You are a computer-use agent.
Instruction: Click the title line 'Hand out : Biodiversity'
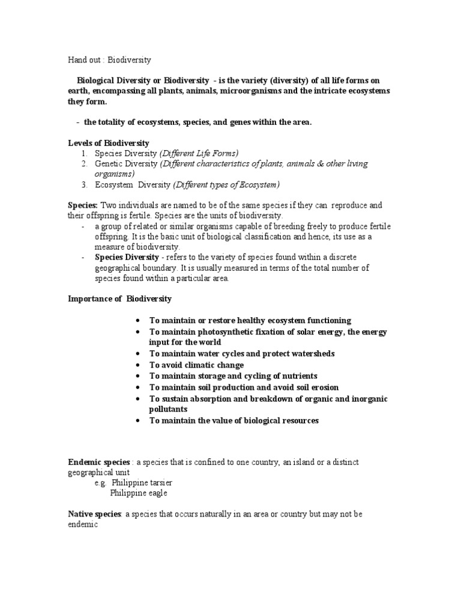pos(109,60)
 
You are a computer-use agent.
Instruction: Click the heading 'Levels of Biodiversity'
pos(108,143)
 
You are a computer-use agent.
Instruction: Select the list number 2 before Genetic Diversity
pos(85,163)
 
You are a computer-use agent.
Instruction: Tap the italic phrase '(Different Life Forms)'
pos(199,153)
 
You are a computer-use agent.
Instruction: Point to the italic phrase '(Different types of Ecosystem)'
pos(226,184)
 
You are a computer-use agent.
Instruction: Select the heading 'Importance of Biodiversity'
pos(119,298)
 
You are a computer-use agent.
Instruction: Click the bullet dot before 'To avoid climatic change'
pos(139,365)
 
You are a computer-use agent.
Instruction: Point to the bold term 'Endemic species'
pos(98,462)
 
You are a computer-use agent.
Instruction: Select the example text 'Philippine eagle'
pos(139,494)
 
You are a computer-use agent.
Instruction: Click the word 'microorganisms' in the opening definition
pos(250,91)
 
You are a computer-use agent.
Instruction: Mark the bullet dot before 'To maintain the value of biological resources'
pos(139,420)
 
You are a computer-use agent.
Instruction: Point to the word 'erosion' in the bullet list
pos(325,387)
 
